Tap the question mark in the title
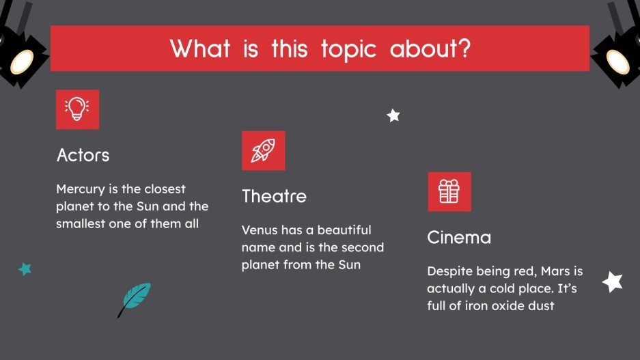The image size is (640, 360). [464, 49]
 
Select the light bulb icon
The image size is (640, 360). [77, 109]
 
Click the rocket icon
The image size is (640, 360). [263, 150]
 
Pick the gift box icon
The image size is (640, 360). [449, 191]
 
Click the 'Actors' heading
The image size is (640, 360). [83, 155]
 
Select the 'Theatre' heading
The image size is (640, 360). [274, 197]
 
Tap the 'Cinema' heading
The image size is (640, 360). [459, 238]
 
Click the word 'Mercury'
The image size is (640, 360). [79, 189]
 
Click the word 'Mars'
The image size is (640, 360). [555, 272]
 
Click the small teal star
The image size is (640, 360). [25, 268]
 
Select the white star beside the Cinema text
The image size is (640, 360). [613, 281]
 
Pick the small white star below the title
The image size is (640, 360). [393, 115]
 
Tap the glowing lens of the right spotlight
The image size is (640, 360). [619, 61]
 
